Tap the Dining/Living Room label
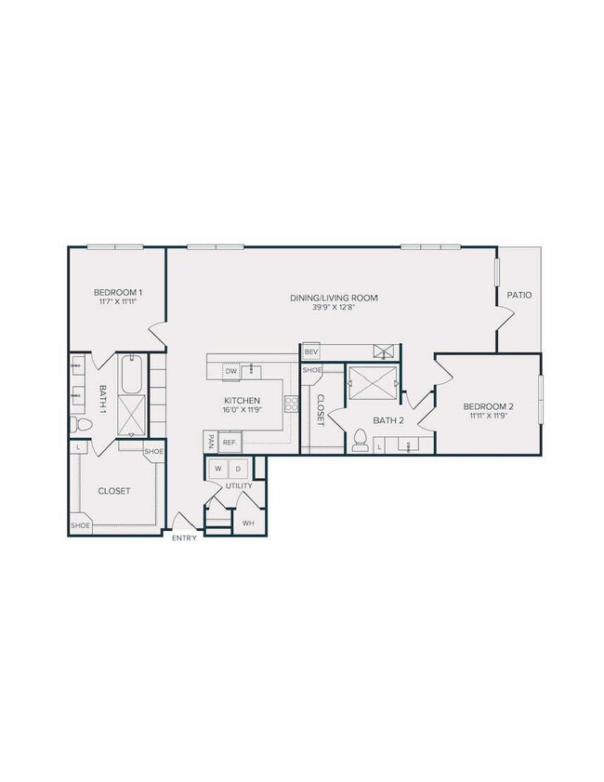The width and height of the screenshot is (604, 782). [334, 298]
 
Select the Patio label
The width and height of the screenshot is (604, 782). [519, 295]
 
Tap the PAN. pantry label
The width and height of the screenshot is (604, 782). [211, 440]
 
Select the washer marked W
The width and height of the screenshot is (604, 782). [219, 469]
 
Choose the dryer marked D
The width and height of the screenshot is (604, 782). [237, 469]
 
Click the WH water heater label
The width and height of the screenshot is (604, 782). [248, 524]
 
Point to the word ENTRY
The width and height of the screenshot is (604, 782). [184, 538]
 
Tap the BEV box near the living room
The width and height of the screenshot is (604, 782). [311, 351]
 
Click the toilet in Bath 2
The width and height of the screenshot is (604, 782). [359, 441]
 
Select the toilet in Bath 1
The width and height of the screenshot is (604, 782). [80, 425]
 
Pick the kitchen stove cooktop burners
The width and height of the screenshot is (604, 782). [291, 404]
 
